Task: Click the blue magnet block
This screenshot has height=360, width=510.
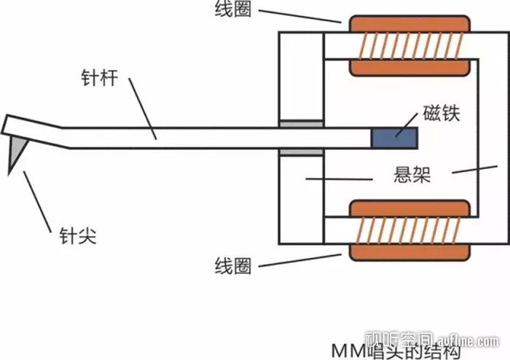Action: pos(395,136)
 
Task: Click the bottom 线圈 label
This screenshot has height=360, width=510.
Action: pos(234,265)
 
